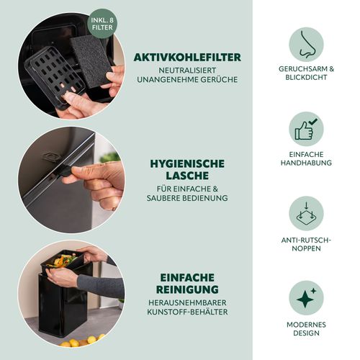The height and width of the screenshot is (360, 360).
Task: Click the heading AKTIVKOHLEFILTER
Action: [x=187, y=58]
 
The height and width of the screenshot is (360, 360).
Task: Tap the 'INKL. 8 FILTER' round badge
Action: [x=102, y=24]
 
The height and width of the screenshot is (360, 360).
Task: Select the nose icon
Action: [x=306, y=45]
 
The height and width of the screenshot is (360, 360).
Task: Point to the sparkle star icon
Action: [x=306, y=298]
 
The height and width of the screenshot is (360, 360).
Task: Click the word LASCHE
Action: [x=187, y=176]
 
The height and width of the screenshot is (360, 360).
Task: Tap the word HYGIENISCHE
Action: [x=187, y=164]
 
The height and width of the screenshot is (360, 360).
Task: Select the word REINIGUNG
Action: [x=187, y=289]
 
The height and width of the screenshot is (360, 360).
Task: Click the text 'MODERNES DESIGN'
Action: [x=306, y=329]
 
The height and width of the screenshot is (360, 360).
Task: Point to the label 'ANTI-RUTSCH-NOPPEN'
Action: [x=306, y=244]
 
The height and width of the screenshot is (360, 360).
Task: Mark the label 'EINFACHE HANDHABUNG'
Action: [x=306, y=158]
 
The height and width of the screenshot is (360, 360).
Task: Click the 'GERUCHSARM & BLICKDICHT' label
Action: [x=306, y=73]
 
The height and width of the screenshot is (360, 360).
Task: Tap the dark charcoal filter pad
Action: [x=91, y=61]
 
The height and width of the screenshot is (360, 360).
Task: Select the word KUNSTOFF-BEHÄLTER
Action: [x=187, y=312]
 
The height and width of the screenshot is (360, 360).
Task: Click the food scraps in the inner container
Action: [x=63, y=261]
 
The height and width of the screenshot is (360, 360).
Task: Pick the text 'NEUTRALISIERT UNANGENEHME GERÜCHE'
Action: [x=187, y=75]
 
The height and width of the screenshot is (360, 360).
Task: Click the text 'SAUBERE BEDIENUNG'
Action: [x=187, y=198]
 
